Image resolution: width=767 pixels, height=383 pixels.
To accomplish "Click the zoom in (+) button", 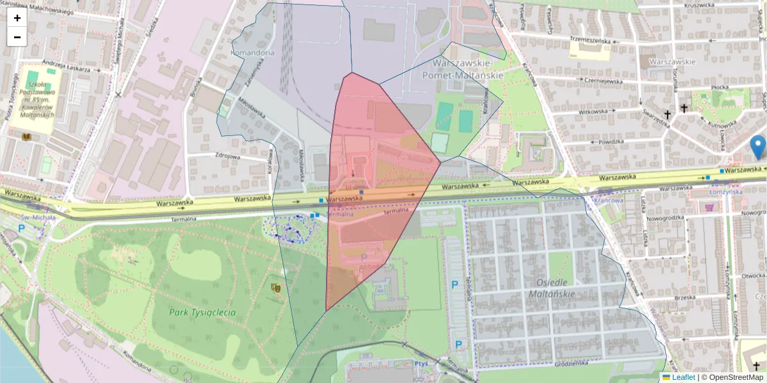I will (17, 18).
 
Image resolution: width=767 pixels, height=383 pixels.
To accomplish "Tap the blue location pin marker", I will (758, 146).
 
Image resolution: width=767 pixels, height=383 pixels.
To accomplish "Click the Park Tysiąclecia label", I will (203, 313).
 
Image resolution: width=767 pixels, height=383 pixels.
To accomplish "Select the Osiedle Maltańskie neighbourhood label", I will (552, 288).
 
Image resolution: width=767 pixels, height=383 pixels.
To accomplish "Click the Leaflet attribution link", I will (683, 377).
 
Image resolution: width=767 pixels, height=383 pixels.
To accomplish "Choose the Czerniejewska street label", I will (601, 81).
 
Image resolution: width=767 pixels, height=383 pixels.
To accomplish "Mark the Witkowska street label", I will (593, 111).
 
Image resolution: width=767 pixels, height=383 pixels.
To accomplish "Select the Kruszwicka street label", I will (698, 5).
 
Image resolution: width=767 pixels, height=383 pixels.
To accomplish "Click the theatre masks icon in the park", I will (277, 288).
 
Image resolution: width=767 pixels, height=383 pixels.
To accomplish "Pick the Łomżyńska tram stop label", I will (725, 191).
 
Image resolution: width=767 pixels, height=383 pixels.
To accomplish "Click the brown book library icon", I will (27, 137).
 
